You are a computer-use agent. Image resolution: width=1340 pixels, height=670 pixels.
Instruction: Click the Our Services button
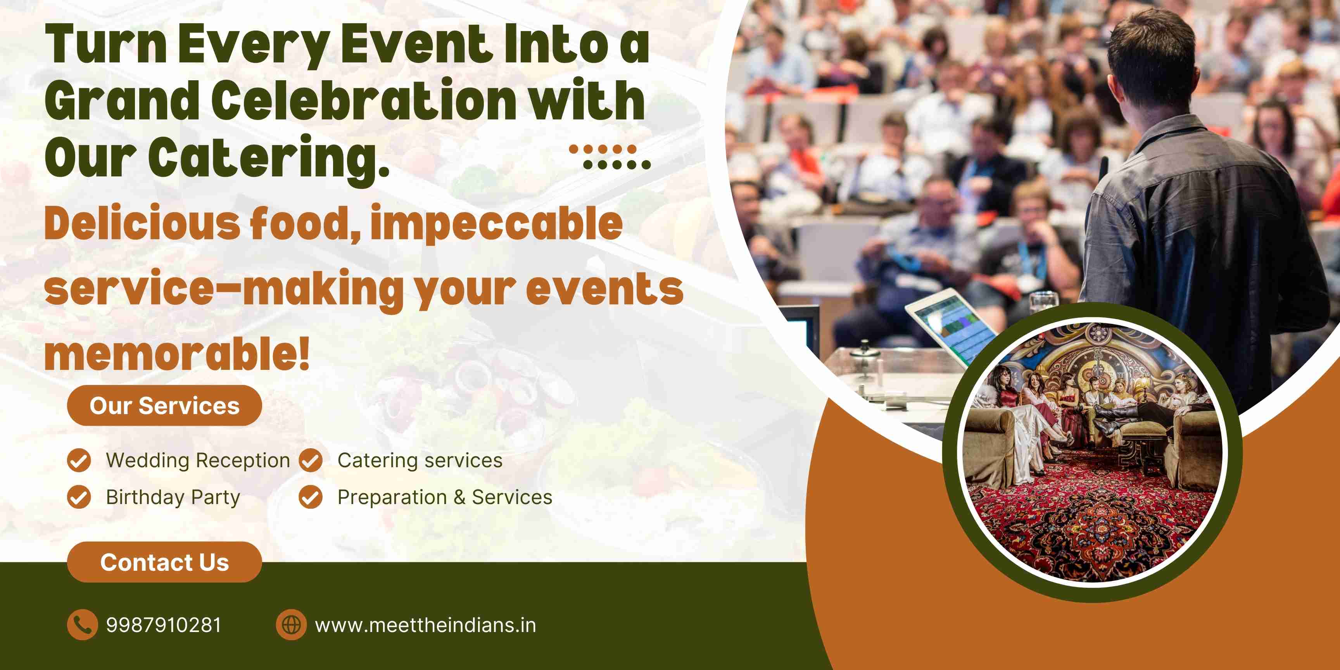click(x=164, y=406)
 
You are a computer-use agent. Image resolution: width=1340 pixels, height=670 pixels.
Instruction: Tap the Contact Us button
click(x=164, y=562)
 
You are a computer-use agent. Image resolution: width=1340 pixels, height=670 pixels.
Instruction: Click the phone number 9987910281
click(x=164, y=625)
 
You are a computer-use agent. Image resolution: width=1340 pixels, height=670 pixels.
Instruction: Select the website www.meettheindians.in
click(x=425, y=625)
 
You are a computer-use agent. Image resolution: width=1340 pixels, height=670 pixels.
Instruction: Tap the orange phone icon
click(x=82, y=624)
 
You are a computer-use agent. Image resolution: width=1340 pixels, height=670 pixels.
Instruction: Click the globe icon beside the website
click(x=291, y=624)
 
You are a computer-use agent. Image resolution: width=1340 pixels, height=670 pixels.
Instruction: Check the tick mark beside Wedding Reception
click(x=79, y=460)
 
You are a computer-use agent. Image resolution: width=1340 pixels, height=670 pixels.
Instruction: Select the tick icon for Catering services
click(x=311, y=460)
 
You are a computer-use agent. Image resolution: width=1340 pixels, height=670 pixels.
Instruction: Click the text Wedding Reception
click(x=198, y=460)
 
